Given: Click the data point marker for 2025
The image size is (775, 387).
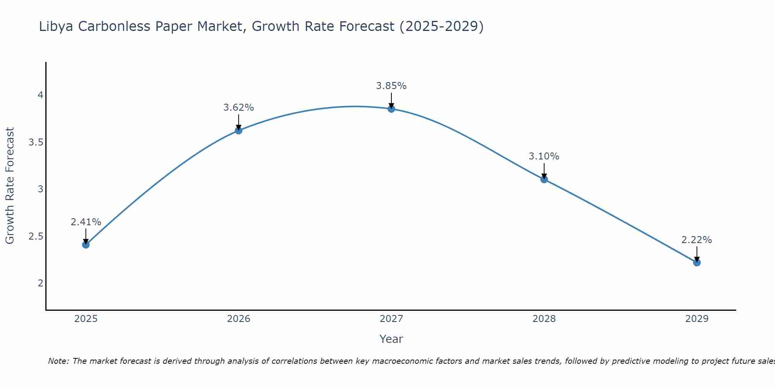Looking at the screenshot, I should [86, 245].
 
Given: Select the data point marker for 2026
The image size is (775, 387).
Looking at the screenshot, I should [239, 131].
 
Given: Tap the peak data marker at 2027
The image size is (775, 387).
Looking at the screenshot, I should [391, 109].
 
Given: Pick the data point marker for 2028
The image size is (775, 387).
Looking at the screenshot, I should [544, 179].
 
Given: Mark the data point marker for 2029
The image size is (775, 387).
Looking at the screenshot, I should [697, 263].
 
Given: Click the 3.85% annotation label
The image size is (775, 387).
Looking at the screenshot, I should [391, 86].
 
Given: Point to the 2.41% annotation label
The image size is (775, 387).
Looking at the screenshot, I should [86, 222].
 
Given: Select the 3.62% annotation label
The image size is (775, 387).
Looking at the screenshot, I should [239, 108].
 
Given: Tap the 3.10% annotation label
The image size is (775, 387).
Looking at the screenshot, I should [544, 156].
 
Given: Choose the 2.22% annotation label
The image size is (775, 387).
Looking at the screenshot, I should [697, 240].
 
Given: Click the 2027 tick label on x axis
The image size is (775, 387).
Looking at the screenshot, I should [391, 319].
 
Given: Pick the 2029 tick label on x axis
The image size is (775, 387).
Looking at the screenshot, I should [697, 319].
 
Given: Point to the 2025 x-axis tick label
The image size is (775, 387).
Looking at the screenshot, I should [86, 319].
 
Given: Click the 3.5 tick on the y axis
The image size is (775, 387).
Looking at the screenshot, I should [36, 142].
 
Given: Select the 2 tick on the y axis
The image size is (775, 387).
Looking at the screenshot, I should [40, 283].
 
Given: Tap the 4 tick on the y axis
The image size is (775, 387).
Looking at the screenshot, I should [40, 95].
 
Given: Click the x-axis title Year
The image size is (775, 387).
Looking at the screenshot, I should [391, 339].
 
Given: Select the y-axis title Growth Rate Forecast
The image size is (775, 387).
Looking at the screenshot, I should [10, 186].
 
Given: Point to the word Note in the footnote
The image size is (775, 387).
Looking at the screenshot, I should [58, 361].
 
